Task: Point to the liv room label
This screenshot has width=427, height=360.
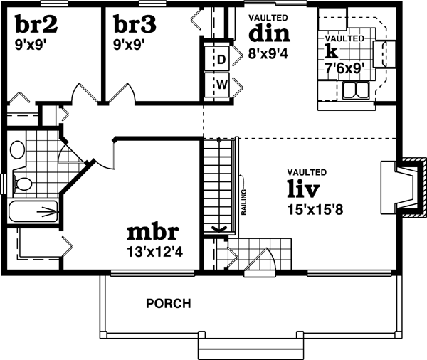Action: pyautogui.click(x=303, y=189)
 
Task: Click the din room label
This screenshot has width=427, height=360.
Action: pyautogui.click(x=268, y=34)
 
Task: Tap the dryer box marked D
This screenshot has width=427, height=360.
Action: pyautogui.click(x=221, y=59)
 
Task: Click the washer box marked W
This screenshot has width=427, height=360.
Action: pyautogui.click(x=221, y=85)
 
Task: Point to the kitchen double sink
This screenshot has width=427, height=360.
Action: pyautogui.click(x=354, y=90)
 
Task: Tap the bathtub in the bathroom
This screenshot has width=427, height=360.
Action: pyautogui.click(x=34, y=211)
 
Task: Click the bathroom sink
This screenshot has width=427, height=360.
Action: pyautogui.click(x=18, y=149)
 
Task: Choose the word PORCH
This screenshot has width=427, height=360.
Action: pyautogui.click(x=168, y=304)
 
